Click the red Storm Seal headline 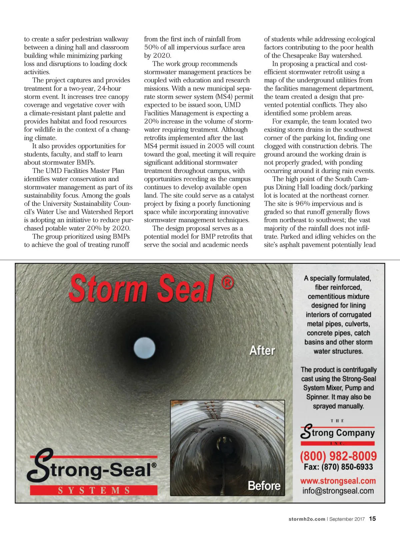[142, 288]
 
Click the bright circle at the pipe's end [144, 348]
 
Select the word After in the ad [262, 350]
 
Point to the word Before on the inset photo [264, 486]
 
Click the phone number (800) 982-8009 [338, 456]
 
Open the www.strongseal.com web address [338, 481]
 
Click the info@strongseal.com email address [338, 491]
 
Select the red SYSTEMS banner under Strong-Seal [94, 490]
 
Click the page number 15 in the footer [372, 519]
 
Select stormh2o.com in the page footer [307, 519]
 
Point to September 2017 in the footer [347, 519]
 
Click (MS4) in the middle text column [225, 97]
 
